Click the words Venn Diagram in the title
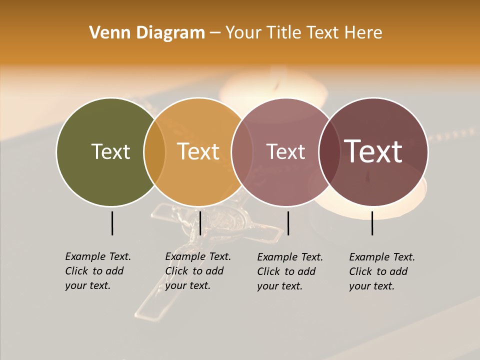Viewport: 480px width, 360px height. [147, 33]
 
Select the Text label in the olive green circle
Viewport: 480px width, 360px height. [110, 151]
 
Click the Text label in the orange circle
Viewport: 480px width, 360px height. [198, 151]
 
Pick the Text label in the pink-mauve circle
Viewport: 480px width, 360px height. [285, 151]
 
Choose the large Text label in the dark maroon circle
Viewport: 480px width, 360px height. [373, 151]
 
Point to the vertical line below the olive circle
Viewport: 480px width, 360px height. [112, 223]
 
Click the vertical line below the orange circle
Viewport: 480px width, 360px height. [200, 223]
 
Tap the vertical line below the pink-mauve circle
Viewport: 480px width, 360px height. [288, 223]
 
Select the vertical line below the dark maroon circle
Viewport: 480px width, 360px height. [372, 223]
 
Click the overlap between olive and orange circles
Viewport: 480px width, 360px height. [154, 151]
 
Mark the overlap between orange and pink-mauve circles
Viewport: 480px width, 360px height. [241, 151]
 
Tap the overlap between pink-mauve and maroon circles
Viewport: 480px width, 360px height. [329, 151]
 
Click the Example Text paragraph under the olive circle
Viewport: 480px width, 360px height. [98, 271]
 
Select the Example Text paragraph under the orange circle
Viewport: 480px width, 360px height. [198, 271]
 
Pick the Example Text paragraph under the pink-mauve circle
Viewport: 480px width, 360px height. [290, 271]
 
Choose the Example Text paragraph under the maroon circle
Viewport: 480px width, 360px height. [382, 271]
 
